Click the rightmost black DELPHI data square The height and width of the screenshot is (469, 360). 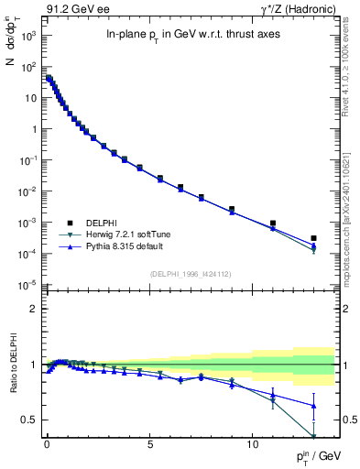313,238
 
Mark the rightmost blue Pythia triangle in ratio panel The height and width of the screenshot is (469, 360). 313,406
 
